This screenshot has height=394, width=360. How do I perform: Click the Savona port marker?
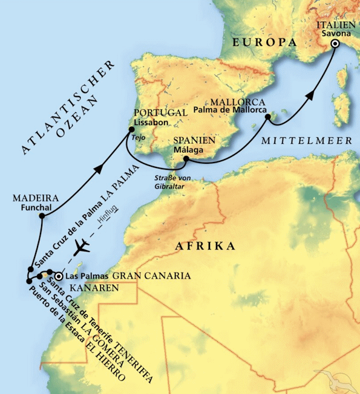click(334, 44)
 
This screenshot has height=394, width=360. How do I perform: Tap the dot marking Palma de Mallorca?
click(267, 118)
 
